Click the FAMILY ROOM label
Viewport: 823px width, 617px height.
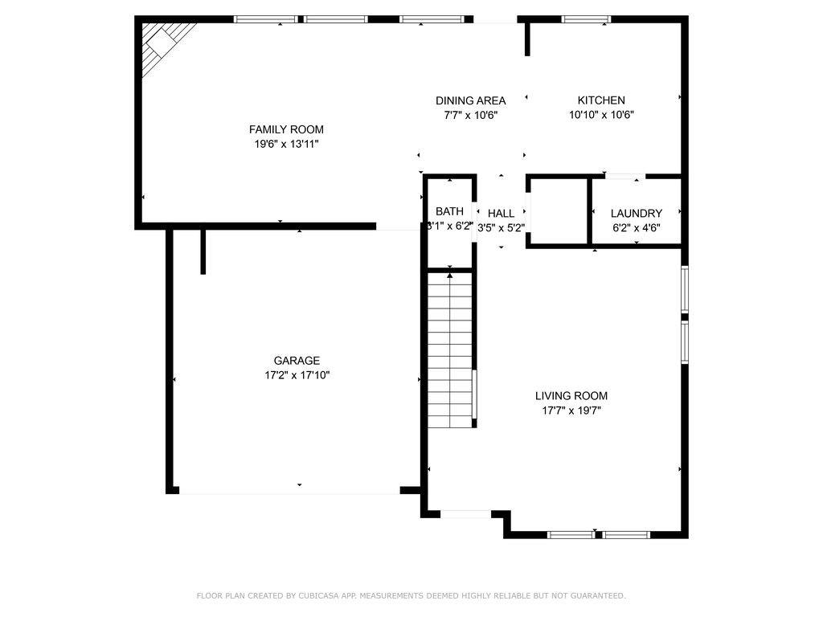point(286,129)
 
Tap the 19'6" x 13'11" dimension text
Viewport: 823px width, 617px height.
point(286,144)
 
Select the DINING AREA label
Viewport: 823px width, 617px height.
point(470,100)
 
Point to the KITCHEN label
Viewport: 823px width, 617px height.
point(601,100)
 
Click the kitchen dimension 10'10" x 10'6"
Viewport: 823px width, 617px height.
point(601,115)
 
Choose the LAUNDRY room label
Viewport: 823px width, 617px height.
point(637,213)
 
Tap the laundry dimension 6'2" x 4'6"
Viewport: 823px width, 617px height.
point(637,227)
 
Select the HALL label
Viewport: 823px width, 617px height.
point(501,213)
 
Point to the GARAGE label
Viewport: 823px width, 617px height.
point(297,361)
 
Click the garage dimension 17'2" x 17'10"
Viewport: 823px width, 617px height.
point(297,375)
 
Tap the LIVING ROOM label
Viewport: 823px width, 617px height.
point(571,395)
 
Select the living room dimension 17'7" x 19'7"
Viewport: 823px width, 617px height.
point(571,410)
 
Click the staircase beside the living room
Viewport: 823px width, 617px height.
point(449,349)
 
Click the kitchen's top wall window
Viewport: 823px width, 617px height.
point(586,19)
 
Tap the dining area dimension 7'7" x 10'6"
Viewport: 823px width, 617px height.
point(470,115)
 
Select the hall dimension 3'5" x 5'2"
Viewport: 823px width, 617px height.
point(501,227)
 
